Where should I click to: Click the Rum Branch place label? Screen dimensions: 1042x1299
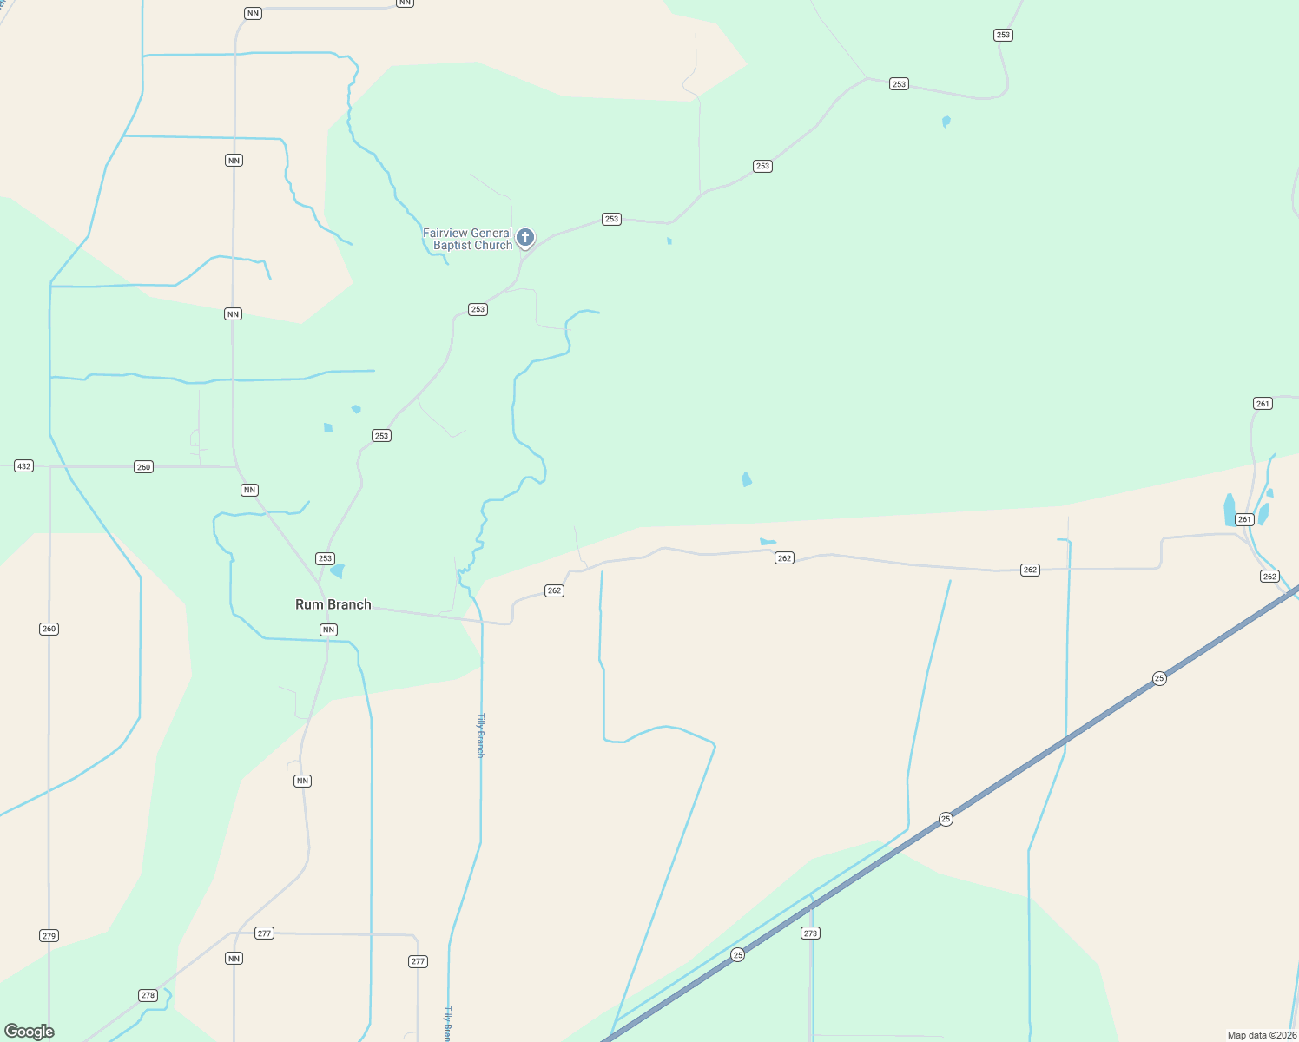(x=333, y=604)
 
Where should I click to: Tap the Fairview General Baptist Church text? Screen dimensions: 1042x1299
(x=468, y=239)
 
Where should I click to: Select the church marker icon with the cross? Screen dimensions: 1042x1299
(x=525, y=237)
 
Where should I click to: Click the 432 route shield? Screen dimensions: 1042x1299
(x=23, y=466)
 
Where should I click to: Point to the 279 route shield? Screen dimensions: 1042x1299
(x=49, y=935)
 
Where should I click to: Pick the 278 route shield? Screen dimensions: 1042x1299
(x=148, y=995)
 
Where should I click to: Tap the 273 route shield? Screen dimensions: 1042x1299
(x=810, y=933)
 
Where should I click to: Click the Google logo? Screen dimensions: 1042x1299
(x=30, y=1032)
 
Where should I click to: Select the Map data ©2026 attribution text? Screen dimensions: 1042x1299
(x=1262, y=1035)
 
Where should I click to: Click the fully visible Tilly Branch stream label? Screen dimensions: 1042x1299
(x=481, y=735)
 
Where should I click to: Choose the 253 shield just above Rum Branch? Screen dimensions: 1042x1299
(x=325, y=558)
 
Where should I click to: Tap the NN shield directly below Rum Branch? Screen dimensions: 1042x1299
(x=328, y=630)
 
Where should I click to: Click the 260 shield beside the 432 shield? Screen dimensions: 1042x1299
(x=143, y=466)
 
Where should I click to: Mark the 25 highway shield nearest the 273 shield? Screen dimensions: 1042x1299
(x=737, y=955)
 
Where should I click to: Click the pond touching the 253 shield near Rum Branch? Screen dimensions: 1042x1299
(x=338, y=570)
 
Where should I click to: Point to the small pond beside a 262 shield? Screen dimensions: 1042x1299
(x=768, y=542)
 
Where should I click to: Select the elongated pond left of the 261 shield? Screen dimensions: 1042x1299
(x=1230, y=510)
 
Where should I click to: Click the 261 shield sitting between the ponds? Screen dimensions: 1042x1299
(x=1245, y=519)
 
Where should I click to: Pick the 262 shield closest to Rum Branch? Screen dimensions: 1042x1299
(x=554, y=590)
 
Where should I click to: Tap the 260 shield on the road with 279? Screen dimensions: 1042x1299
(x=49, y=629)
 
